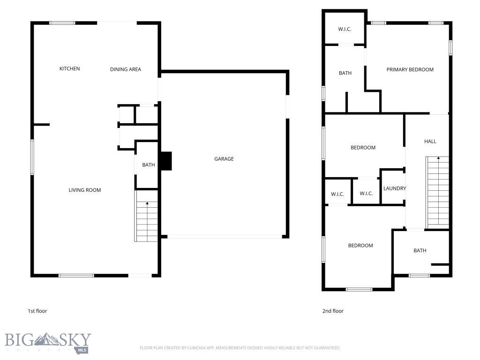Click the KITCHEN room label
pyautogui.click(x=69, y=69)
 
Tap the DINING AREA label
pyautogui.click(x=126, y=69)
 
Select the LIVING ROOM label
pyautogui.click(x=85, y=190)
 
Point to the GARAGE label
pyautogui.click(x=224, y=159)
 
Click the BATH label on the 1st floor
pyautogui.click(x=149, y=165)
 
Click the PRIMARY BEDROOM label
pyautogui.click(x=410, y=69)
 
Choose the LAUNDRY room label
pyautogui.click(x=394, y=188)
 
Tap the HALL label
pyautogui.click(x=430, y=141)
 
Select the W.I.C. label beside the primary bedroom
pyautogui.click(x=345, y=29)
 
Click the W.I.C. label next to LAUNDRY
pyautogui.click(x=366, y=194)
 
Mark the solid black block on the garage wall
pyautogui.click(x=166, y=161)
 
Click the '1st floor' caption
pyautogui.click(x=37, y=311)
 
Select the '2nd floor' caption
pyautogui.click(x=333, y=311)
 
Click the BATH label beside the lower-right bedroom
pyautogui.click(x=420, y=250)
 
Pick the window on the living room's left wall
pyautogui.click(x=32, y=157)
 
